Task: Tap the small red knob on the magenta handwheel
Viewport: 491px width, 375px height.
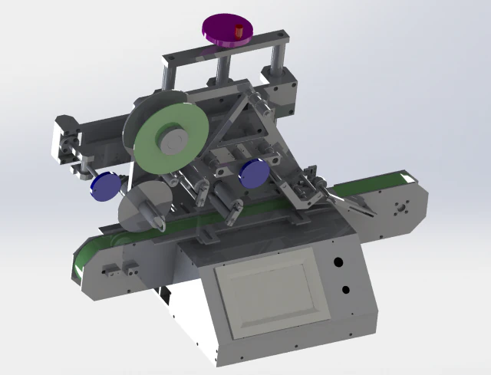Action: pos(239,31)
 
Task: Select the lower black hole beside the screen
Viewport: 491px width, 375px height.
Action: pos(345,290)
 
